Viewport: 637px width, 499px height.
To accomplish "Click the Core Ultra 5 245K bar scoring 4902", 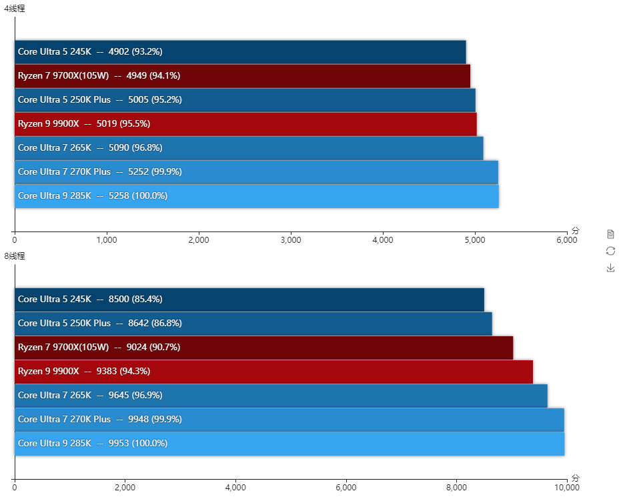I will click(240, 52).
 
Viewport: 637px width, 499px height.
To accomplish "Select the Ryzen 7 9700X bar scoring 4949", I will click(242, 76).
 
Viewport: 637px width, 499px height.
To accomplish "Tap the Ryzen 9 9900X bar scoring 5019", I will click(245, 124).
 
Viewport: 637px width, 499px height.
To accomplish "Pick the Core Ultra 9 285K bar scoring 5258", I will click(257, 196).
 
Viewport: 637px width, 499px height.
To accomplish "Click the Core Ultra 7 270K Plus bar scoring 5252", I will click(256, 172).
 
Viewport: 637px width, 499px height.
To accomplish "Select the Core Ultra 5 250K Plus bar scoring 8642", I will click(253, 324).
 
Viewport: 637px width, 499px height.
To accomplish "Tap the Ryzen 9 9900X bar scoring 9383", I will click(273, 372).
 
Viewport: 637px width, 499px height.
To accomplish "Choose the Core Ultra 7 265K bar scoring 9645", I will click(281, 396).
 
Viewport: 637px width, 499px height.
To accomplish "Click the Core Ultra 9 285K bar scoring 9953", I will click(289, 444).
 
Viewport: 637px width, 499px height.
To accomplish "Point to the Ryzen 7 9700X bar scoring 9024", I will click(264, 348).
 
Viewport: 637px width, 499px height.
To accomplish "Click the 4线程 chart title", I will click(15, 9).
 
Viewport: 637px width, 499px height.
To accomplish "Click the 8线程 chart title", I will click(15, 256).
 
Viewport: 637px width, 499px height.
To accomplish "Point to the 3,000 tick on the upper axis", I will click(291, 239).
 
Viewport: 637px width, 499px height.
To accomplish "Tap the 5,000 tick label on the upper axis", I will click(475, 239).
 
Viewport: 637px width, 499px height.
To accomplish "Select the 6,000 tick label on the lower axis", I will click(346, 488).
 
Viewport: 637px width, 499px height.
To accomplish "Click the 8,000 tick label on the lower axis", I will click(457, 488).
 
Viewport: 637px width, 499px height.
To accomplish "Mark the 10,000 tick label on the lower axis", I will click(566, 488).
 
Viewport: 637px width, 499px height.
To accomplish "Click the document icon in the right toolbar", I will click(610, 234).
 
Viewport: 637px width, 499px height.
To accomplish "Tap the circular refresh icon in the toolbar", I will click(610, 251).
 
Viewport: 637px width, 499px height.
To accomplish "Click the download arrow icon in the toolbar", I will click(610, 268).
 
